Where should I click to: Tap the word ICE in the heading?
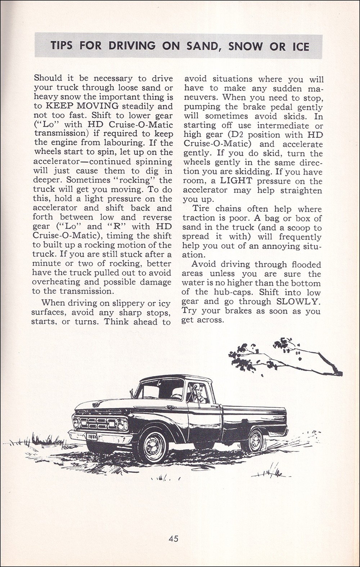(x=298, y=46)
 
